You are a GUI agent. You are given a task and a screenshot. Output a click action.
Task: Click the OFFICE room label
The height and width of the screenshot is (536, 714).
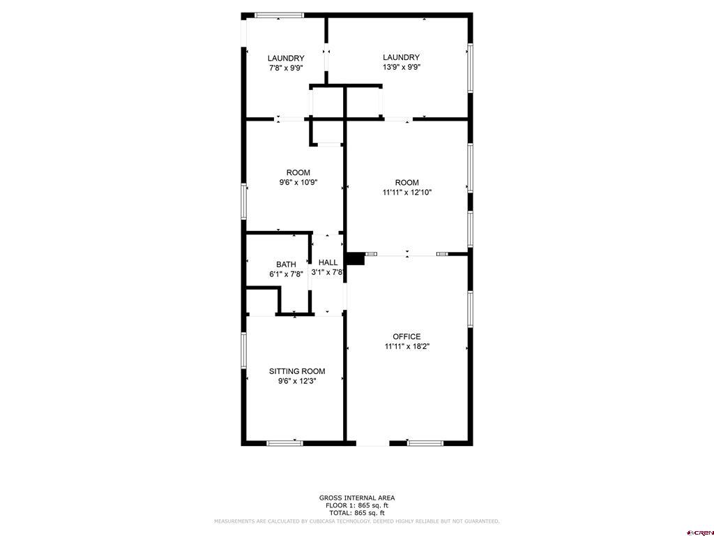(x=407, y=336)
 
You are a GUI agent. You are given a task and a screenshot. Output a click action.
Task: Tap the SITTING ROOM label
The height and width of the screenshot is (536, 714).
(x=297, y=371)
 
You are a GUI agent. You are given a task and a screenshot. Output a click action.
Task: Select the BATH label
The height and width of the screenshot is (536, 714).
(x=286, y=265)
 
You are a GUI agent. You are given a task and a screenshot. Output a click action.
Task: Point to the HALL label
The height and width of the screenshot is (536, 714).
(x=328, y=262)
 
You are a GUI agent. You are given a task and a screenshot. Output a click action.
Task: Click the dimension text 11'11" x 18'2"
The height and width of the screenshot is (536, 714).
(x=407, y=346)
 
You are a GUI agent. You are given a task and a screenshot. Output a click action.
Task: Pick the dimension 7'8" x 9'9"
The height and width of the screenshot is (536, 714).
(x=286, y=68)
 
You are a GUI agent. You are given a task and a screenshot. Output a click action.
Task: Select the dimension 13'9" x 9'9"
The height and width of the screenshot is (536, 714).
(x=401, y=67)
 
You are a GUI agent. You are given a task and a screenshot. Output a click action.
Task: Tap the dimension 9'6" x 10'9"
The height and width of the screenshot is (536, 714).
(x=298, y=182)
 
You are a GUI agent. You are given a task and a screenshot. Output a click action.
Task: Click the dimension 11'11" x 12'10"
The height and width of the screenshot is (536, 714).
(x=407, y=193)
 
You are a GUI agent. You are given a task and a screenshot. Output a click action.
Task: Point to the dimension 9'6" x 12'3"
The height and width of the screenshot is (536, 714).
(x=297, y=381)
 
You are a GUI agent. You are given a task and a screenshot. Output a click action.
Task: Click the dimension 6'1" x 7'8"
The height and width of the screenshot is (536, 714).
(x=286, y=274)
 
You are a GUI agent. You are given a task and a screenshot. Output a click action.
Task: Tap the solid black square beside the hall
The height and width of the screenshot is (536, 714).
(x=356, y=258)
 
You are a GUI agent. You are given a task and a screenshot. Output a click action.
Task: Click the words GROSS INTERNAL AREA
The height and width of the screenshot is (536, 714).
(x=357, y=498)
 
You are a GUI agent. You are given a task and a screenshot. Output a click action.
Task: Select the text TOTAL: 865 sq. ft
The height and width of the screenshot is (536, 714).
(x=357, y=513)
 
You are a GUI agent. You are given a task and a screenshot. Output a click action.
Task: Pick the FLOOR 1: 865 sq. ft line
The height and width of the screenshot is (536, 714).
(x=357, y=505)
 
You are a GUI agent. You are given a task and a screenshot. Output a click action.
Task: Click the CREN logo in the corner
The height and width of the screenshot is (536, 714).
(x=700, y=533)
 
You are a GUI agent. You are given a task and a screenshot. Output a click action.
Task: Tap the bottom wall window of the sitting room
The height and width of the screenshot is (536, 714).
(x=284, y=443)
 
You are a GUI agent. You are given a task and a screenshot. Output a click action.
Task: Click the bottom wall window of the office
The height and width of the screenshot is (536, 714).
(x=425, y=443)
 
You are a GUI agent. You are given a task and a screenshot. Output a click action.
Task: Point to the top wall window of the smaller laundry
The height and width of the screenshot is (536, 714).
(x=279, y=15)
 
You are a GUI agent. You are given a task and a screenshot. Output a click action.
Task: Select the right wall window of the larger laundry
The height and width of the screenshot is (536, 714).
(x=471, y=68)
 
